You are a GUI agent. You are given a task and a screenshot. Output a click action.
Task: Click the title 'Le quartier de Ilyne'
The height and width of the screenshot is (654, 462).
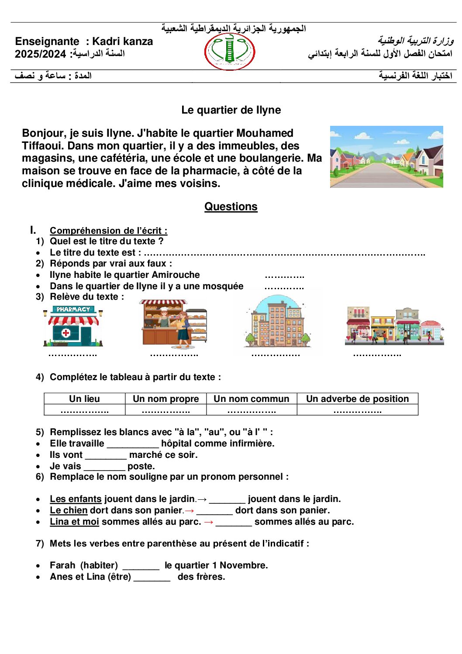[x=231, y=110]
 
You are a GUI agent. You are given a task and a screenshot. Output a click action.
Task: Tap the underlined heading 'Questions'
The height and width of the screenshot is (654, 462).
[x=231, y=207]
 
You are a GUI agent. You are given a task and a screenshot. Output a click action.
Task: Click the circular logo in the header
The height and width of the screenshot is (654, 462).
[x=230, y=52]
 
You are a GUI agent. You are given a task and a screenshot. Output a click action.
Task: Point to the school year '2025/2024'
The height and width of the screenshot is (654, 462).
[x=40, y=54]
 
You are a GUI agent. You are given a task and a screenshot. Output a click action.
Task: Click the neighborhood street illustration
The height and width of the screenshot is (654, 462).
[x=386, y=157]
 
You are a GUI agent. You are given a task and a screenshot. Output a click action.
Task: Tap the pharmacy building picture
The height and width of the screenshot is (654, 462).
[x=73, y=326]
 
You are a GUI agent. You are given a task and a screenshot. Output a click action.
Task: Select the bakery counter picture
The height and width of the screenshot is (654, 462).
[x=174, y=324]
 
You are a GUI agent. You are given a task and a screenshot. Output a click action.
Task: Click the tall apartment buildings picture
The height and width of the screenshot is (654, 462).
[x=277, y=324]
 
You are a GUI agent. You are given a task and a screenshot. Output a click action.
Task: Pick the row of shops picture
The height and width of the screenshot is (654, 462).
[x=395, y=325]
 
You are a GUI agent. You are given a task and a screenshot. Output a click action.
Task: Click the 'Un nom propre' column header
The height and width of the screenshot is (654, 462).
[x=165, y=399]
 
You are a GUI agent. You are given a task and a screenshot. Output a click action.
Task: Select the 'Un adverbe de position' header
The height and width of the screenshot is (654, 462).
[x=357, y=399]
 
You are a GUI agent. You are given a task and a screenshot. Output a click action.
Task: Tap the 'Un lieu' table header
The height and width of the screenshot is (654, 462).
[x=84, y=399]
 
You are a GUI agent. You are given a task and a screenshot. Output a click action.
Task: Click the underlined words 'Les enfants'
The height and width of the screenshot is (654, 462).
[x=76, y=499]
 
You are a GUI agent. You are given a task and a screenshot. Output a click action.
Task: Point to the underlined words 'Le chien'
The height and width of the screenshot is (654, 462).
[x=69, y=510]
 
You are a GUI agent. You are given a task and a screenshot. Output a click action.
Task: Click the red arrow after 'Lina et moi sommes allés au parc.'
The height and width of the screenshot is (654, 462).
[x=209, y=522]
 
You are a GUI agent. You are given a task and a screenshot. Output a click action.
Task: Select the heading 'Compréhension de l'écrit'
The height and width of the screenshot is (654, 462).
[x=108, y=231]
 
